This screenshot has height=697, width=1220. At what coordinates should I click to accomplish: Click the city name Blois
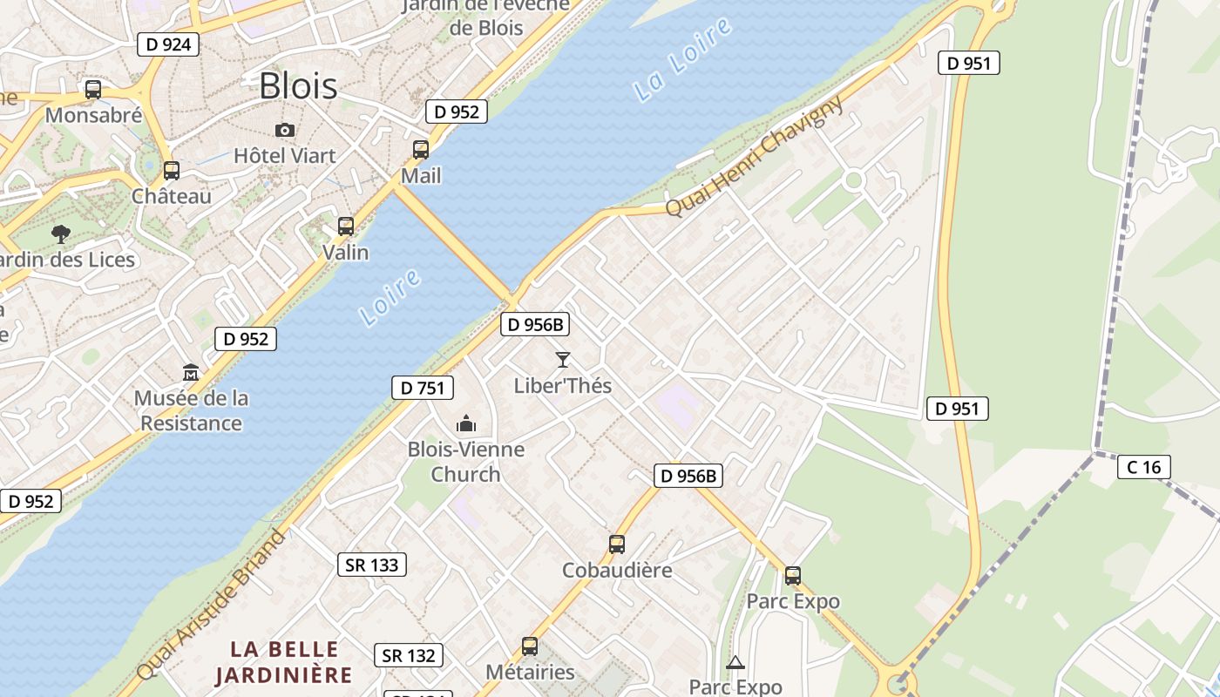298,85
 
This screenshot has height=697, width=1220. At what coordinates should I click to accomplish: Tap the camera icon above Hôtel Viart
284,131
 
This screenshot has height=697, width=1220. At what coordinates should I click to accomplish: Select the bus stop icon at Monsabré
93,89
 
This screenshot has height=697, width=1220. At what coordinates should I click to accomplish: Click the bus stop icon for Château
172,170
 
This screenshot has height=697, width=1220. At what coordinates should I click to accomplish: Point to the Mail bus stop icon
421,149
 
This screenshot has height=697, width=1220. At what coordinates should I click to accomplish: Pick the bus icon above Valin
346,227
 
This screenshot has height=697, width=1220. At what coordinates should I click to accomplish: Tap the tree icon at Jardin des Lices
61,233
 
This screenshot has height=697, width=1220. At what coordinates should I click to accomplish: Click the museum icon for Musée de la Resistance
191,373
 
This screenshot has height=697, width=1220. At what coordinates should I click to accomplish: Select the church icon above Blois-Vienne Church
466,423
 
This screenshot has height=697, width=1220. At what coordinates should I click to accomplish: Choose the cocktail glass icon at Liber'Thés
563,359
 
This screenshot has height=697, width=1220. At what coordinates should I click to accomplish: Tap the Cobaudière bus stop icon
617,545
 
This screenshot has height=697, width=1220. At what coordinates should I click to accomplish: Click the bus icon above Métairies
530,646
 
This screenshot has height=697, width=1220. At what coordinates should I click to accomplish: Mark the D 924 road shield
168,44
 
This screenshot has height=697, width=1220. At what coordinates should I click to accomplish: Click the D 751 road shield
423,388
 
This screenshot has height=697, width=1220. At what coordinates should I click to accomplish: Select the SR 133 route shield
372,565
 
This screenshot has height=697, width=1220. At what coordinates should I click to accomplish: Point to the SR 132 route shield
409,655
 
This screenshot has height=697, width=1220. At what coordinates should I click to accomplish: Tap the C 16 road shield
1143,467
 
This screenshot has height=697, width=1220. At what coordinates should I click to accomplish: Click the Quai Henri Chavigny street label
755,156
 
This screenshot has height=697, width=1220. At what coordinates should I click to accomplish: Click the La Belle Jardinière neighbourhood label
284,661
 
